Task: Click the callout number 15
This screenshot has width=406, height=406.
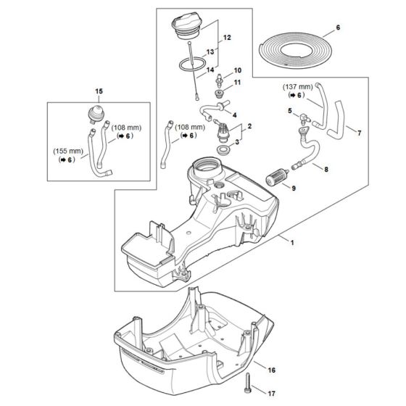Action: click(99, 91)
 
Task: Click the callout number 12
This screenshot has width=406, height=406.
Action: click(227, 36)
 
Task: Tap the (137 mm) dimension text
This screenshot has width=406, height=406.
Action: click(297, 87)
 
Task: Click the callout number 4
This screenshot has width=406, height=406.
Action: click(233, 115)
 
